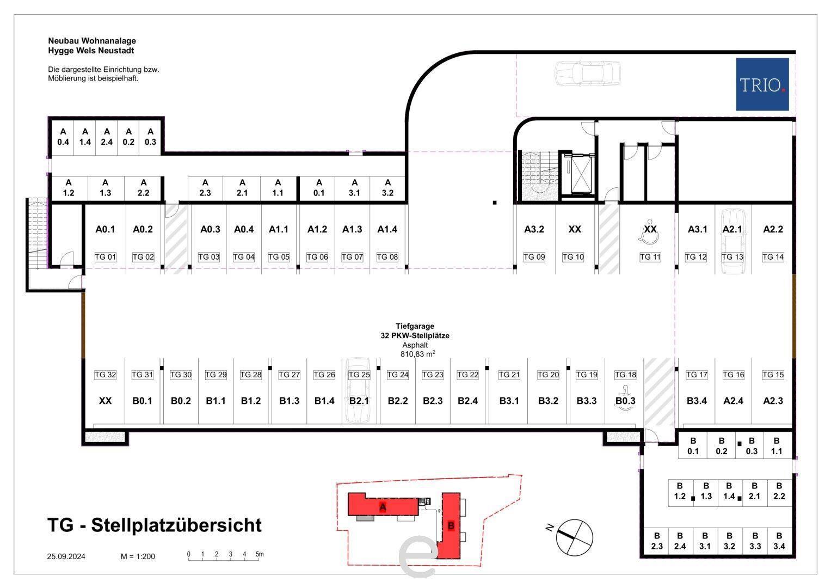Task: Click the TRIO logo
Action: coord(762,84)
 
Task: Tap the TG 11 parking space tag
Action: coord(650,257)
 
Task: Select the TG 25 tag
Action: coord(359,375)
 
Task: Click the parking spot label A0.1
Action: coord(105,229)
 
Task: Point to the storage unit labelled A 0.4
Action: coord(63,137)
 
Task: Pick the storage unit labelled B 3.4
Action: coord(779,541)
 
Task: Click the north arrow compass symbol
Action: coord(574,537)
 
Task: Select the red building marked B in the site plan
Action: coord(450,525)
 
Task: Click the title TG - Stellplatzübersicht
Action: coord(155,525)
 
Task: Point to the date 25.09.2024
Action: coord(66,556)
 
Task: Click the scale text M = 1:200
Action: coord(138,556)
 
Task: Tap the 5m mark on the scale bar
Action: coord(260,554)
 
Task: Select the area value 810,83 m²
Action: coord(418,354)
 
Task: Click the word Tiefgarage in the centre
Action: coord(415,326)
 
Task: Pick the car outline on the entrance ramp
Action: coord(587,73)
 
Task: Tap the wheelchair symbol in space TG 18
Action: coord(625,399)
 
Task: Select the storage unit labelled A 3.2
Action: coord(387,188)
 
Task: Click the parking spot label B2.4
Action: coord(467,401)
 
